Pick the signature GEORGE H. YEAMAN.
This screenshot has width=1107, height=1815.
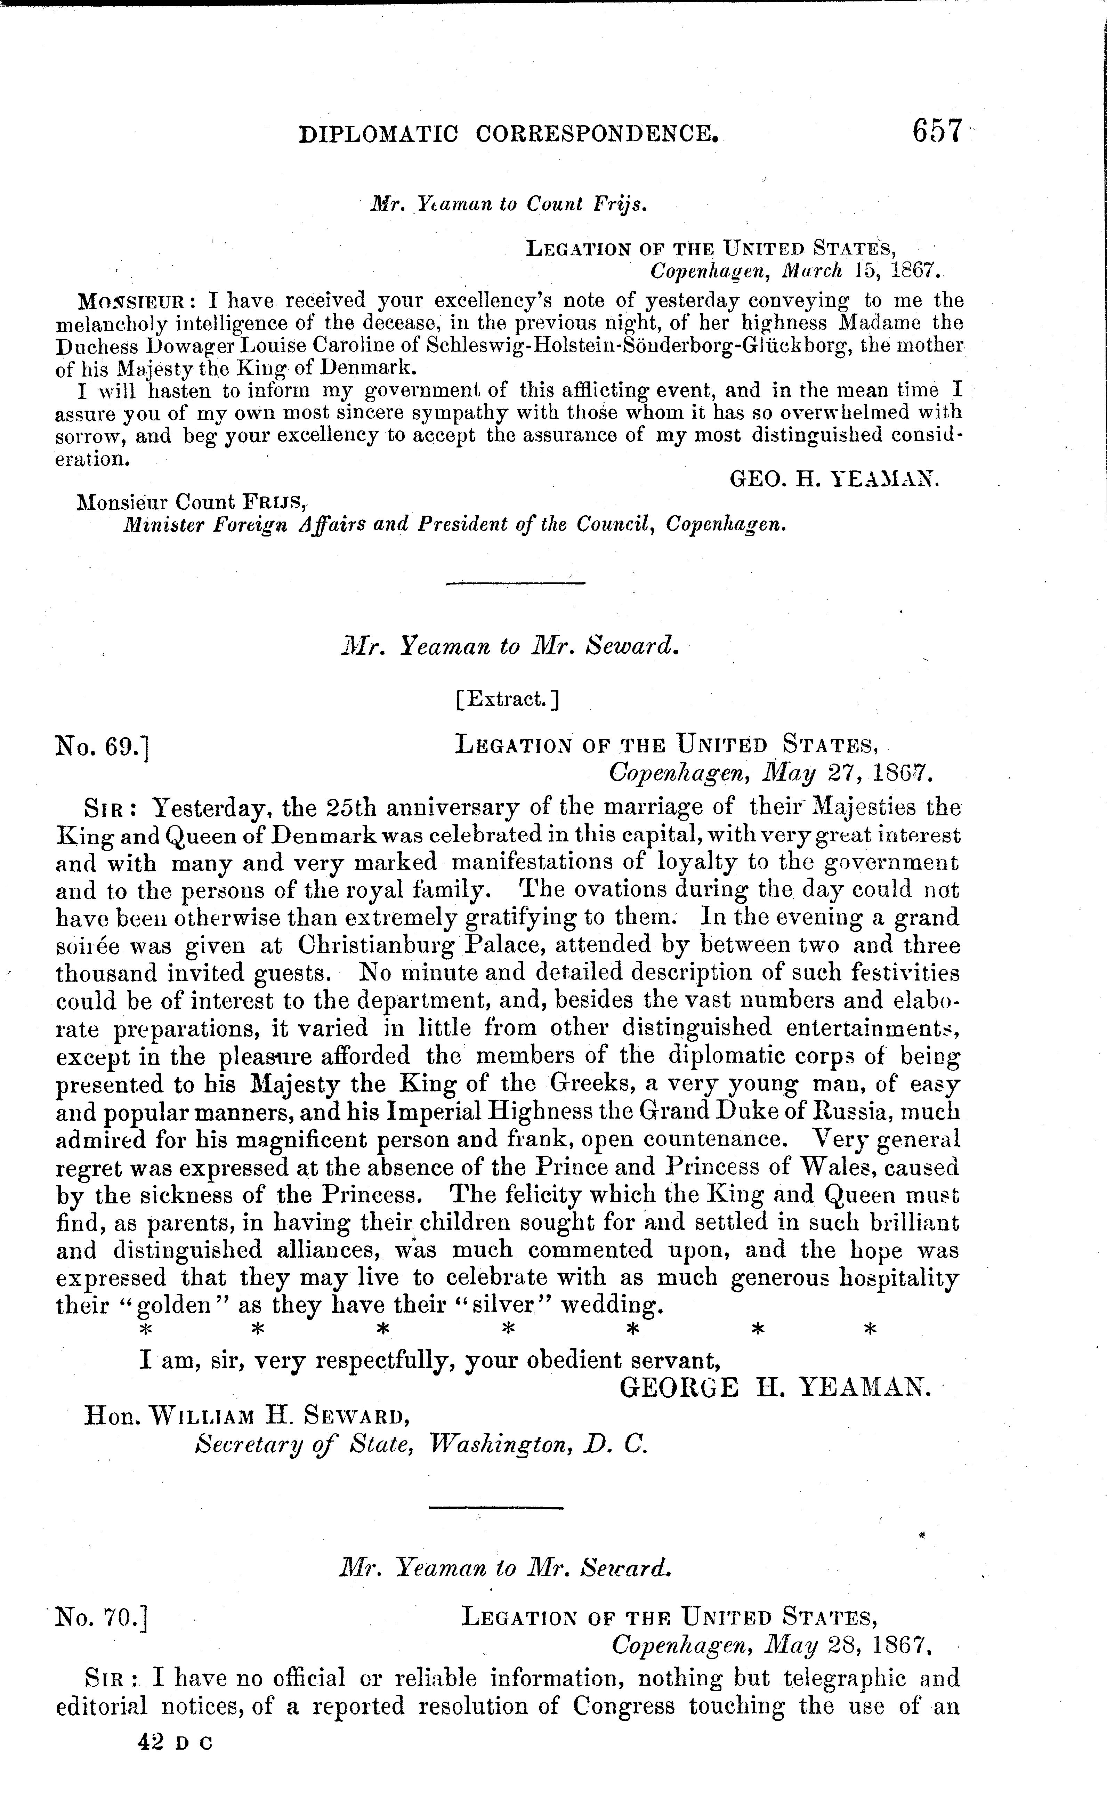775,1388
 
